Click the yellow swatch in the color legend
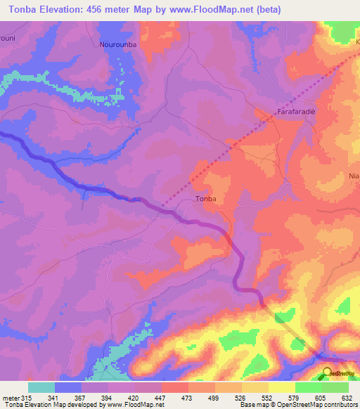click(x=281, y=387)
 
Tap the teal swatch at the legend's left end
click(x=41, y=387)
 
